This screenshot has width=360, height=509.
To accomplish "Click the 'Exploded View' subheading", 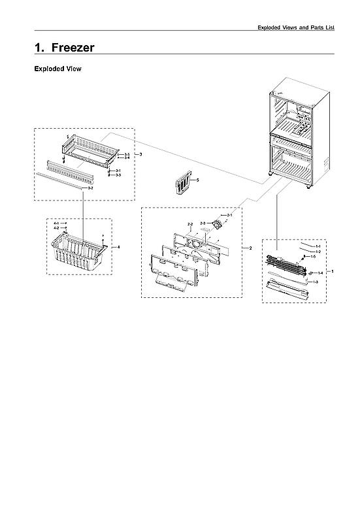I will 57,69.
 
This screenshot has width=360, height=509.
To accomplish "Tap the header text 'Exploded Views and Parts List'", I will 296,27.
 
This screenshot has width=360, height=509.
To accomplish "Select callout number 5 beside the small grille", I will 198,179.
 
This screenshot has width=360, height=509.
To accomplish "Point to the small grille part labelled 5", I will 184,183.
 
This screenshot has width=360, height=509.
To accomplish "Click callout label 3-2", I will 90,188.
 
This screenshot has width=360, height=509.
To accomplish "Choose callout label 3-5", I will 127,154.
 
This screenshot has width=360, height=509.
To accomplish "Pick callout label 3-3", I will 118,175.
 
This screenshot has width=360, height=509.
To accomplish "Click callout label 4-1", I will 56,223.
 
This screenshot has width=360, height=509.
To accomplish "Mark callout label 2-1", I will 229,215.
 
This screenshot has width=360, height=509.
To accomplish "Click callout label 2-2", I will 190,224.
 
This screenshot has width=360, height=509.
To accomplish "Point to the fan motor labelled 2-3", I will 213,226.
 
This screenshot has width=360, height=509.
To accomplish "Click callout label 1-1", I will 318,246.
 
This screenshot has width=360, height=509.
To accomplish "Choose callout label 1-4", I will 320,272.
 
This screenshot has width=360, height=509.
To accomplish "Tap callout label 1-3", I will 316,282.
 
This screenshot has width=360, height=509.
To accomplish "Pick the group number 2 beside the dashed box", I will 250,248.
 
